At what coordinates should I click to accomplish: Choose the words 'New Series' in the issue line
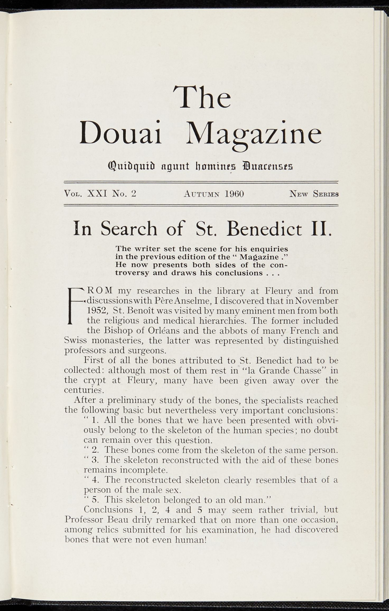[314, 194]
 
